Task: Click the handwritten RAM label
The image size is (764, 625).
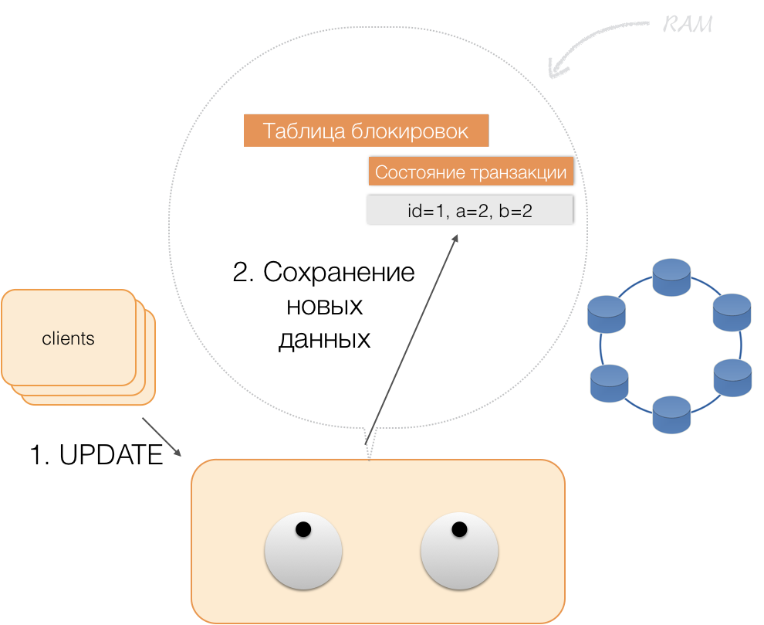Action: [688, 25]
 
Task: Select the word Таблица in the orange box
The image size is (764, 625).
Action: [304, 131]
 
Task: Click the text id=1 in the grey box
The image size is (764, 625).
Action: [427, 210]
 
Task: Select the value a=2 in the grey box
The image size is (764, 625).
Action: [472, 210]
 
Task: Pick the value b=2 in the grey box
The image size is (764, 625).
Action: [516, 210]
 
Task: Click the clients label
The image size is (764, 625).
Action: [68, 338]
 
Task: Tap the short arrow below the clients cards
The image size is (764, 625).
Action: [162, 437]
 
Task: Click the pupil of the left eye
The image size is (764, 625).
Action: [303, 530]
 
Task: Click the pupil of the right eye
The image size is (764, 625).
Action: [459, 530]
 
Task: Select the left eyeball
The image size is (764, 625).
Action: [303, 552]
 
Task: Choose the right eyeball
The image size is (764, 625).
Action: [459, 552]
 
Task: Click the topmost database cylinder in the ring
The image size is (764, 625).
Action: [671, 277]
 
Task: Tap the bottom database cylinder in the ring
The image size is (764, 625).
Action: [671, 414]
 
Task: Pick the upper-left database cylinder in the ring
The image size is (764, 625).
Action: [607, 314]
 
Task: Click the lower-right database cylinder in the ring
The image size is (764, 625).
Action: [732, 378]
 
